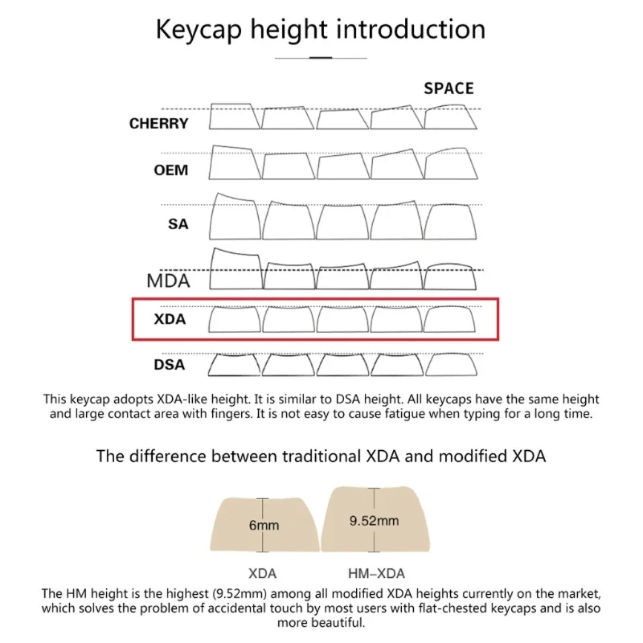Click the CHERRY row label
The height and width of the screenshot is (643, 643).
pos(159,124)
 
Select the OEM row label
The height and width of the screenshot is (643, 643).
pos(170,170)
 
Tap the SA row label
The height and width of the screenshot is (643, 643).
pos(178,224)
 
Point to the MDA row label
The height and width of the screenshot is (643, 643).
pos(168,281)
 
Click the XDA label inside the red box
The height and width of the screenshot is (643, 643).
pos(170,319)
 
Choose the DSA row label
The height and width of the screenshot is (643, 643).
pos(169,365)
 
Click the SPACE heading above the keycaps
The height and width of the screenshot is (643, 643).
pos(448,88)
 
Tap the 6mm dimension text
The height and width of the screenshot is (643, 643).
pos(264,526)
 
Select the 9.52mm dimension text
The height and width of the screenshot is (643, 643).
pos(374,521)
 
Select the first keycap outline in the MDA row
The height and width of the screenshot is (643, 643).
pos(235,270)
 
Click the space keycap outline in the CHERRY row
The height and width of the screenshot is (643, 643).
pos(450,118)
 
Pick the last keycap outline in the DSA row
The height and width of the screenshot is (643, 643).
pos(450,365)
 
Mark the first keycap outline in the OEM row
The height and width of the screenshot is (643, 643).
pos(234,163)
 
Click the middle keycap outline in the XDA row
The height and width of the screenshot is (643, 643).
pos(342,320)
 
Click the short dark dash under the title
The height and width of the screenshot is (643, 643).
pos(321,58)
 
